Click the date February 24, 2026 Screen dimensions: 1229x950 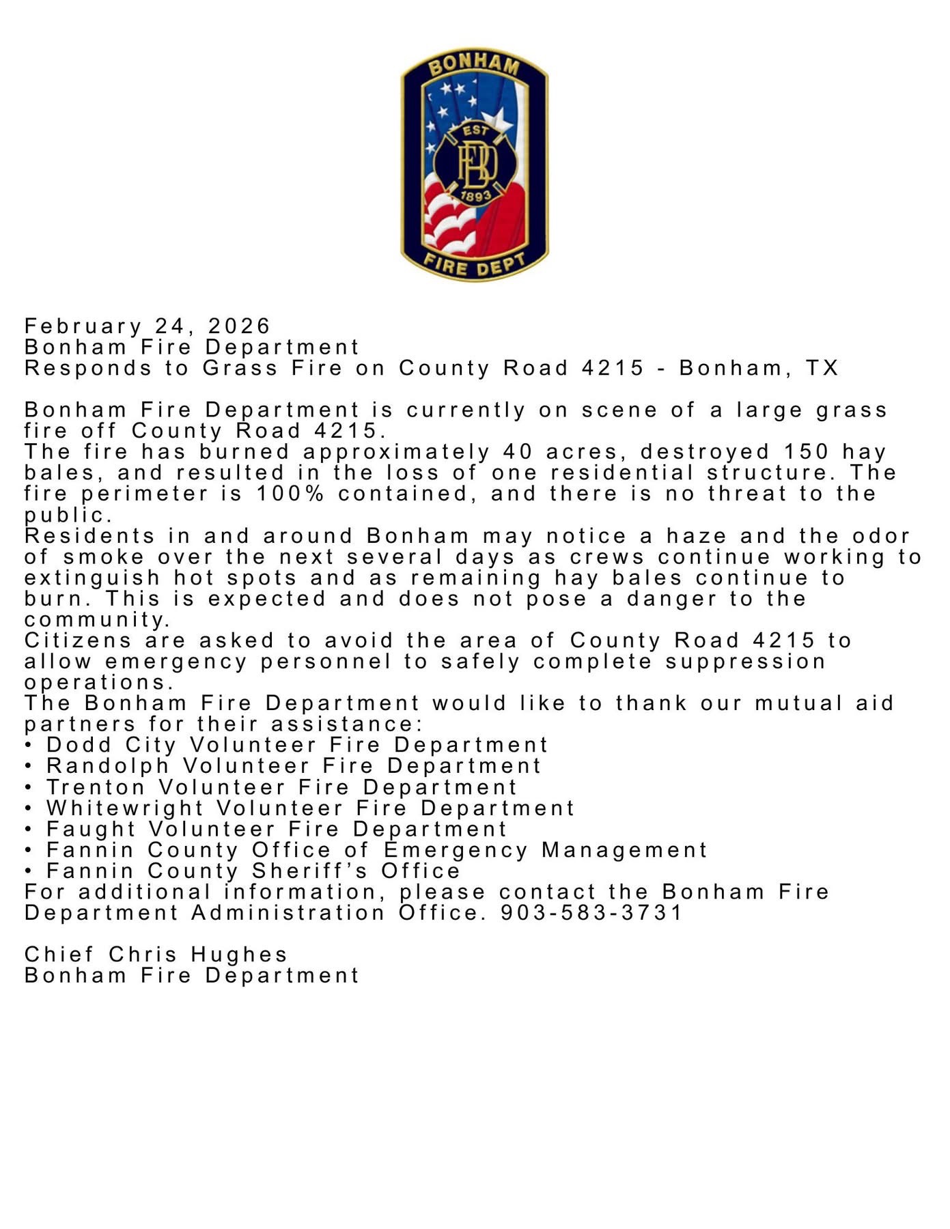coord(148,326)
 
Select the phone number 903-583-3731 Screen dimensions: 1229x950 coord(591,912)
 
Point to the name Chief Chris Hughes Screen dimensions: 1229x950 coord(156,954)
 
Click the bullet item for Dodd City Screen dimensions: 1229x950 coord(297,744)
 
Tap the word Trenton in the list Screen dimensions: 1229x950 coord(96,787)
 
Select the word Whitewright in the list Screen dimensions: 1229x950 coord(125,808)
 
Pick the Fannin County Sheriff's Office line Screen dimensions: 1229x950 coord(253,871)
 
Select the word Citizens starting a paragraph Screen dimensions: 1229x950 coord(78,640)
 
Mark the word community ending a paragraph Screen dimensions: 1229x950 coord(96,620)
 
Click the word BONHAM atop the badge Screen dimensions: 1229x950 coord(474,66)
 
